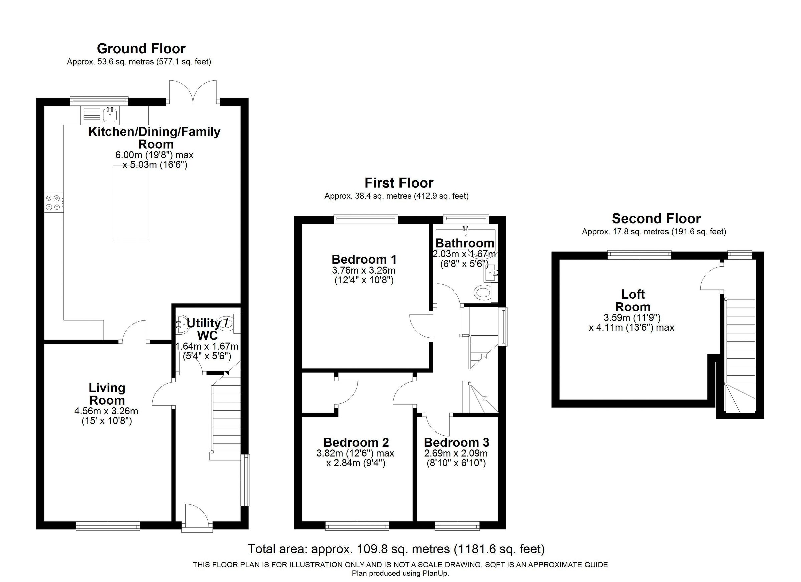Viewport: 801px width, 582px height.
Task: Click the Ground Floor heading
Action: pyautogui.click(x=141, y=49)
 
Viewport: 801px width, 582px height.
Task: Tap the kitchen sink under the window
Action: pyautogui.click(x=110, y=114)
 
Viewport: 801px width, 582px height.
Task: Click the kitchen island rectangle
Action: pyautogui.click(x=131, y=203)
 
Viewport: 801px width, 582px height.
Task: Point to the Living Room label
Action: pyautogui.click(x=107, y=394)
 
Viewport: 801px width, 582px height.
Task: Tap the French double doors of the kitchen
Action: pyautogui.click(x=193, y=92)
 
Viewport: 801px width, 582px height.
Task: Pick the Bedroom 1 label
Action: pyautogui.click(x=364, y=260)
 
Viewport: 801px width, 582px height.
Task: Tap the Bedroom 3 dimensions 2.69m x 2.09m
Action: pyautogui.click(x=456, y=453)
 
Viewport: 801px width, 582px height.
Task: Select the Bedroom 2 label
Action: pyautogui.click(x=356, y=442)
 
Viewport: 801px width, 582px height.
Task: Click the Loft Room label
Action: pyautogui.click(x=632, y=301)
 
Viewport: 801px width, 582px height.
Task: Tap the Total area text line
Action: pyautogui.click(x=396, y=549)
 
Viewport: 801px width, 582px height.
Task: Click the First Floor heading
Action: pyautogui.click(x=399, y=183)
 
